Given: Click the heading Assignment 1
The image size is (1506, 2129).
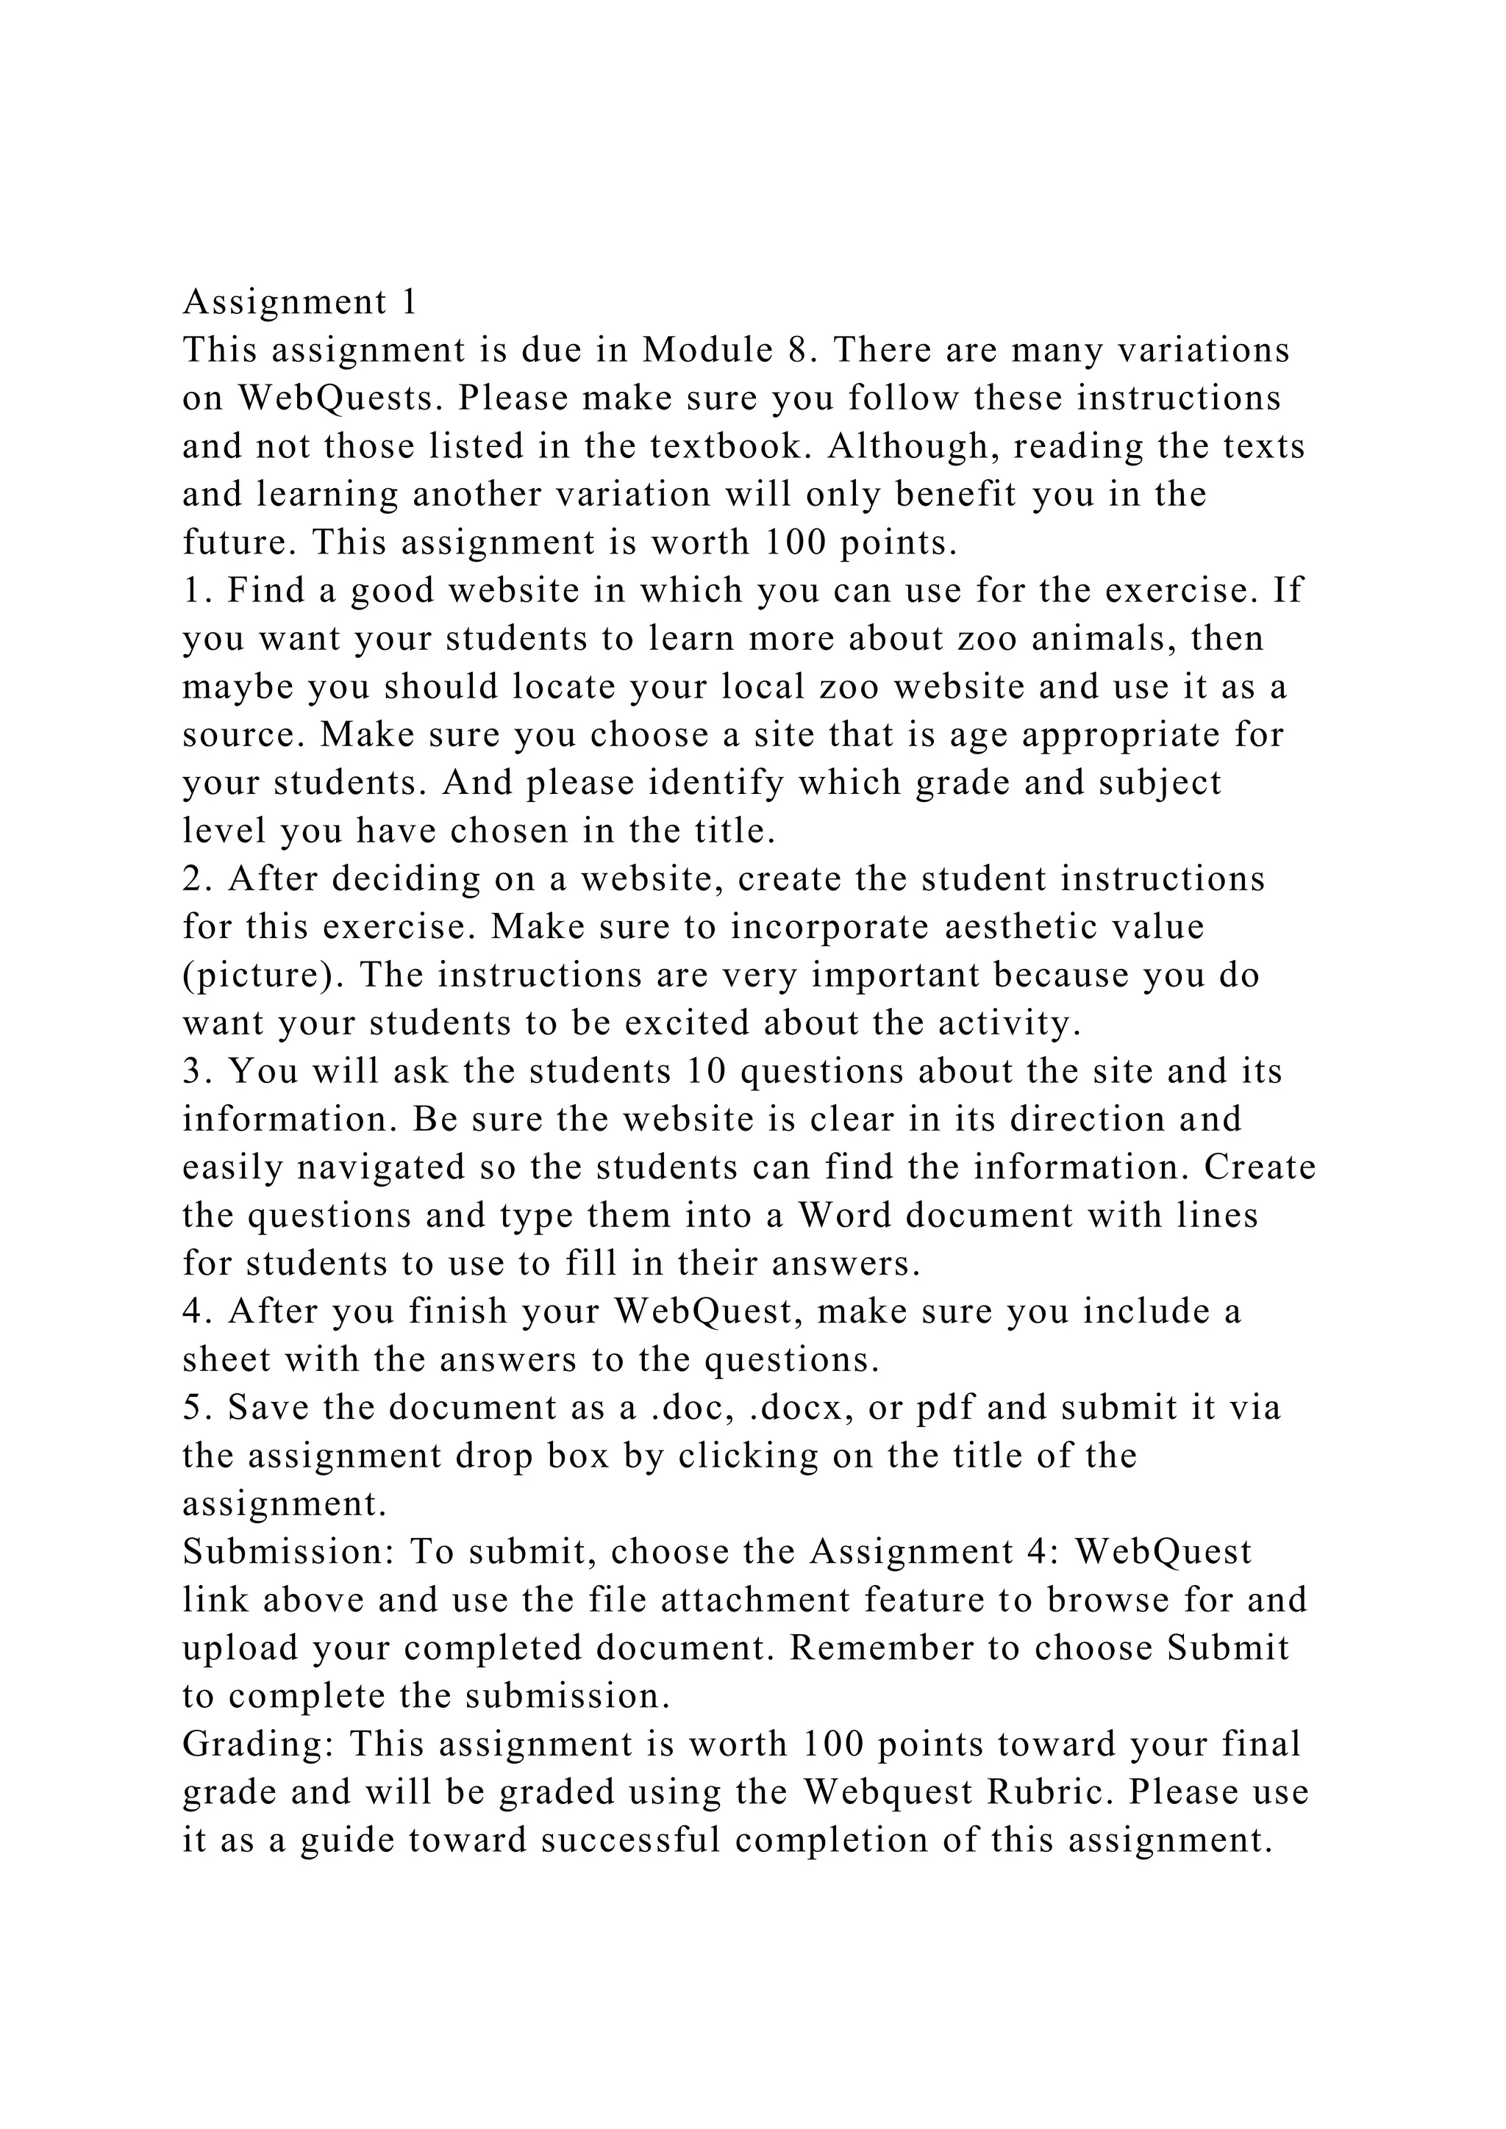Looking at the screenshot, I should point(299,302).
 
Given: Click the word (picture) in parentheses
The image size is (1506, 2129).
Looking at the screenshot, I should point(263,976).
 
